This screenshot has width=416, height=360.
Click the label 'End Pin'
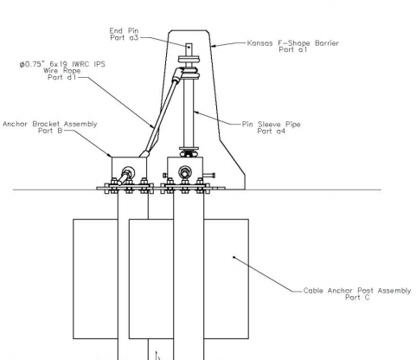pyautogui.click(x=124, y=30)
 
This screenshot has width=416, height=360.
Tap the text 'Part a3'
pyautogui.click(x=125, y=37)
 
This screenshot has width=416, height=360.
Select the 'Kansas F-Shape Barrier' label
pyautogui.click(x=293, y=43)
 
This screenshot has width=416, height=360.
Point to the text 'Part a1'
pyautogui.click(x=293, y=49)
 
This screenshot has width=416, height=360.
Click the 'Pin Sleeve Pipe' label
pyautogui.click(x=272, y=125)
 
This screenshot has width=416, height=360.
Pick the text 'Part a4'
pyautogui.click(x=272, y=132)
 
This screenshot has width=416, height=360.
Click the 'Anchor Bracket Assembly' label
pyautogui.click(x=50, y=124)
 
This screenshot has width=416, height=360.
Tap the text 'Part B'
pyautogui.click(x=50, y=131)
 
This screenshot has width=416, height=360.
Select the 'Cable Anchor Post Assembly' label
pyautogui.click(x=357, y=291)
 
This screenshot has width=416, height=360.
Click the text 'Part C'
pyautogui.click(x=357, y=298)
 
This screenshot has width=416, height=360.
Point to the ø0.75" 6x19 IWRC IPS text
pyautogui.click(x=62, y=64)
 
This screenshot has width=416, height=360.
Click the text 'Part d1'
pyautogui.click(x=62, y=77)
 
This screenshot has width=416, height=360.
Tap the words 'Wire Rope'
pyautogui.click(x=62, y=71)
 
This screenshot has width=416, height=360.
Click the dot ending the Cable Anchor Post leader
pyautogui.click(x=234, y=257)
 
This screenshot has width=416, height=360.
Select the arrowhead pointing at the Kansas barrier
pyautogui.click(x=214, y=46)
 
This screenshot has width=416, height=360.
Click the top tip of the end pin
pyautogui.click(x=189, y=44)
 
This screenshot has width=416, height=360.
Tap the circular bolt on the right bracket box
pyautogui.click(x=185, y=172)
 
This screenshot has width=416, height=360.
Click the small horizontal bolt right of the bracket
pyautogui.click(x=209, y=175)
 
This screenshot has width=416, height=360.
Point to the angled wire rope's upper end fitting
pyautogui.click(x=177, y=74)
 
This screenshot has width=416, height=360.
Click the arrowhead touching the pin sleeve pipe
pyautogui.click(x=197, y=112)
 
